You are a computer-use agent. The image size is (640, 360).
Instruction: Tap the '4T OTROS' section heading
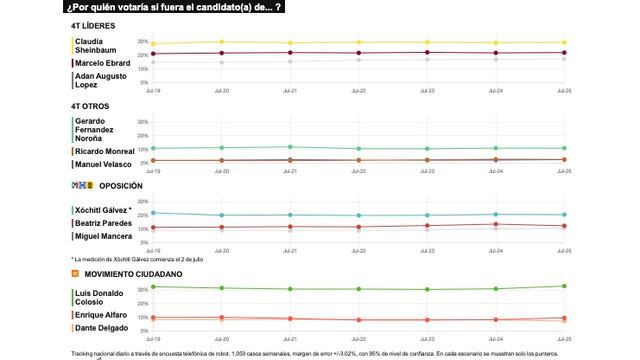[90, 105]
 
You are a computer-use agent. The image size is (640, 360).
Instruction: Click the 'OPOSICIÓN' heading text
[122, 186]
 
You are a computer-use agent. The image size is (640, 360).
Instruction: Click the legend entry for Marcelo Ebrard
[102, 63]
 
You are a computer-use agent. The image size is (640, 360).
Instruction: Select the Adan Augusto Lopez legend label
[102, 80]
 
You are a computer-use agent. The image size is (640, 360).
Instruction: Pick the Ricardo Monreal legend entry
[104, 151]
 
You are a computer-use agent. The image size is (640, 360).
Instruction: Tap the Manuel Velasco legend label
[103, 164]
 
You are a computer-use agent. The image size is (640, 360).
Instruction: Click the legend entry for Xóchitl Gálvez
[103, 210]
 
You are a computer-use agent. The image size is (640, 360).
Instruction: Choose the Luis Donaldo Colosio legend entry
[100, 297]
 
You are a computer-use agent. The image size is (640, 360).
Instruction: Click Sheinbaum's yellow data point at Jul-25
[564, 43]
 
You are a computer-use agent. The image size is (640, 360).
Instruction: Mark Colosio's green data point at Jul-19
[153, 287]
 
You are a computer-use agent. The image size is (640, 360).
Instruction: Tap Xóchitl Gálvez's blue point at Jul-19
[153, 213]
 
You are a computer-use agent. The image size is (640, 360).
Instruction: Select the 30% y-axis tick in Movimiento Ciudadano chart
[143, 290]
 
